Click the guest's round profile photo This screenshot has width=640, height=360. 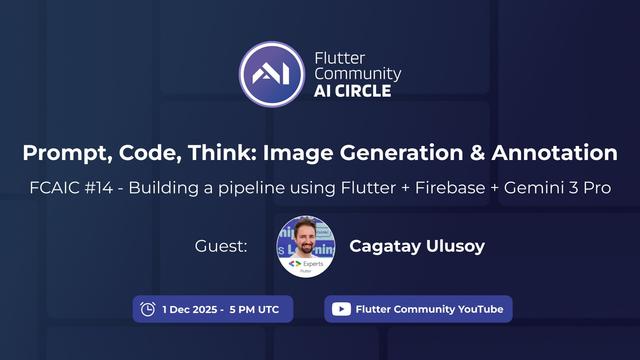pos(305,246)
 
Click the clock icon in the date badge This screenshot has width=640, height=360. pos(148,309)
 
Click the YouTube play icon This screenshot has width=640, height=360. pos(341,309)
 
